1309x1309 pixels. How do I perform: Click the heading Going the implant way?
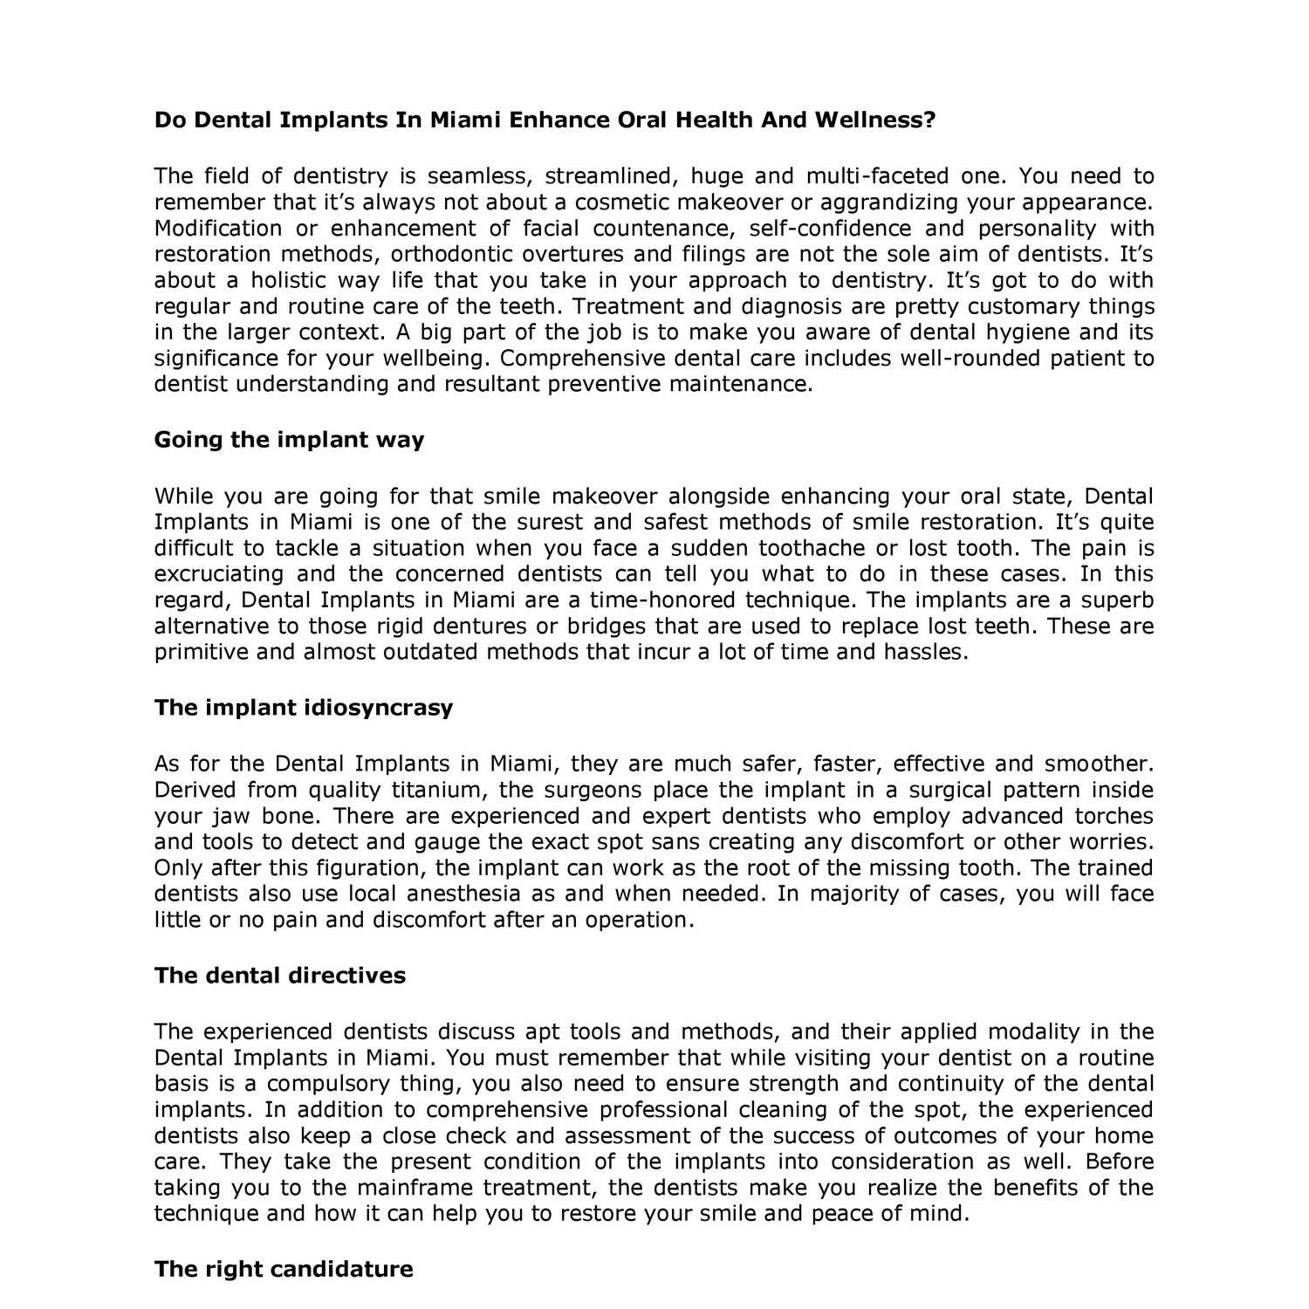coord(289,440)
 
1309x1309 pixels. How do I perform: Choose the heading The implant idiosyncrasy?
coord(304,707)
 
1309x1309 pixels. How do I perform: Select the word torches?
coord(1114,817)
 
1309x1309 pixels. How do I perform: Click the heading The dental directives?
coord(280,975)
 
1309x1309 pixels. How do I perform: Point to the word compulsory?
coord(327,1084)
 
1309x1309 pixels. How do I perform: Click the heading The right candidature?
coord(284,1268)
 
